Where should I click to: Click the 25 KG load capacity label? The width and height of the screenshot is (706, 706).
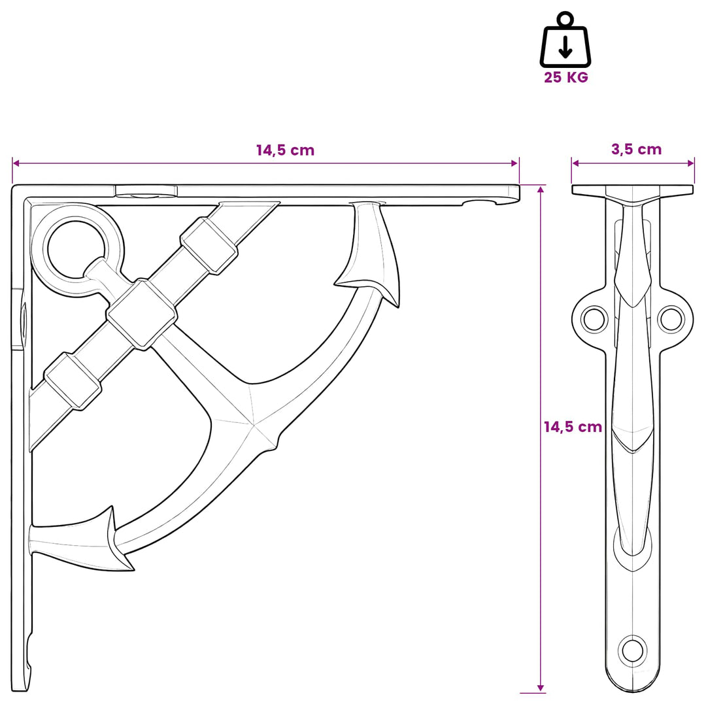tap(565, 77)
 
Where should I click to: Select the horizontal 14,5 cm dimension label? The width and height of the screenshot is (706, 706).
tap(285, 150)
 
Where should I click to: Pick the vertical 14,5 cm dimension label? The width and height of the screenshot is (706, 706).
tap(573, 426)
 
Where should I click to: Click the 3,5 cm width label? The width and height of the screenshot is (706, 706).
tap(636, 149)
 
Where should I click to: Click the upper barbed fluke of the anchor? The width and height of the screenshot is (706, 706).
tap(370, 252)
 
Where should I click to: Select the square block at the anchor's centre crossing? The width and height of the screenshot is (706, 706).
tap(142, 314)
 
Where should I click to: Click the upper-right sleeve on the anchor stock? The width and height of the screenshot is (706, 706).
tap(209, 245)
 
